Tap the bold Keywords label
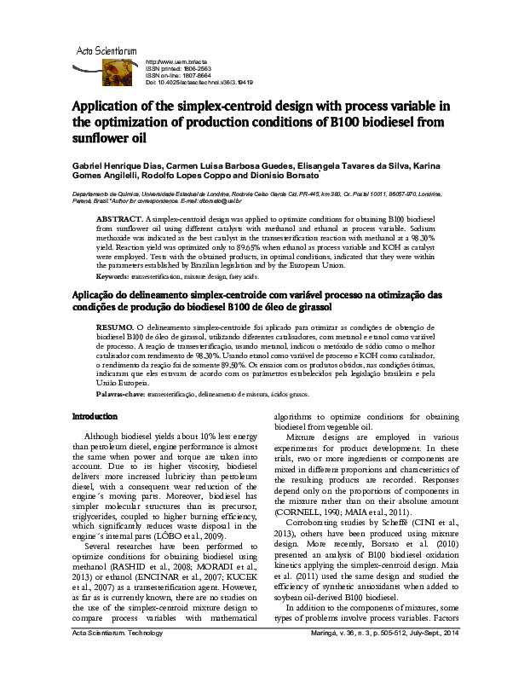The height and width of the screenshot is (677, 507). tap(113, 277)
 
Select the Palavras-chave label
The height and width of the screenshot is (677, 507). tap(120, 396)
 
